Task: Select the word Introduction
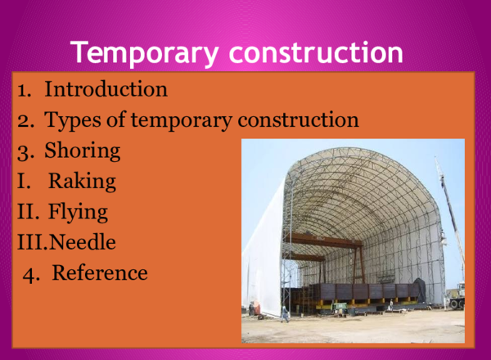click(x=106, y=88)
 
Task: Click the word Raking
click(x=82, y=182)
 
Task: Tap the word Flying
click(x=78, y=213)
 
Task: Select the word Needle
click(x=81, y=243)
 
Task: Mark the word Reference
click(x=100, y=273)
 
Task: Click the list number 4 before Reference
click(x=31, y=274)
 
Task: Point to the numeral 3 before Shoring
click(x=24, y=151)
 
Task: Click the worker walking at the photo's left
click(x=284, y=313)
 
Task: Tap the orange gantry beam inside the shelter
click(x=327, y=241)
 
